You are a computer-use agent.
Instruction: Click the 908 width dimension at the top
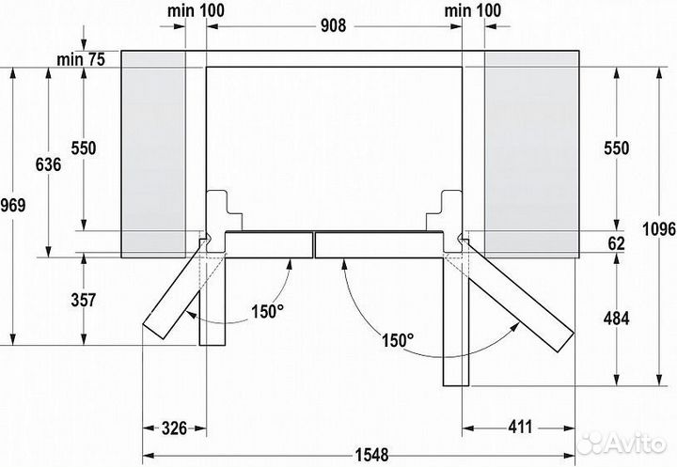coord(331,25)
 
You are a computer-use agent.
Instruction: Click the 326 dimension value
coord(169,428)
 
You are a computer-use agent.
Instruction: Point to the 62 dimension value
coord(616,242)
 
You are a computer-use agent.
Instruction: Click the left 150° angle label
coord(266,312)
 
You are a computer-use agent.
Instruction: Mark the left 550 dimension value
coord(85,148)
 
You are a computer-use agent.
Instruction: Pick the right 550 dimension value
coord(615,148)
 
